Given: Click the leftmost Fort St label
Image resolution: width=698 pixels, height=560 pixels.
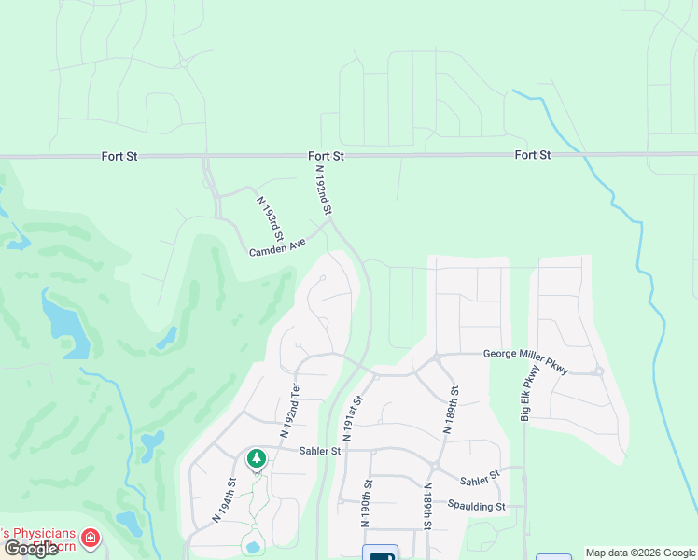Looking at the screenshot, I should coord(119,156).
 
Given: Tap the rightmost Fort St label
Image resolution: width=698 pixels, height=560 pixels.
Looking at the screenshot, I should coord(532,154).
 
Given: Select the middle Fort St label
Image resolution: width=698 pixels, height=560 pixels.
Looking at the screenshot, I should coord(327,156).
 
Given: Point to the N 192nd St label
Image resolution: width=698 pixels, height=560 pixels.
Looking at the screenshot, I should coord(323,190).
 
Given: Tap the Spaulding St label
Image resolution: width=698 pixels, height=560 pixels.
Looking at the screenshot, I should coord(475,507).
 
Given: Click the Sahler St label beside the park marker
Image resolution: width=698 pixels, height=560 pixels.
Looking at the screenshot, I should coord(320,451).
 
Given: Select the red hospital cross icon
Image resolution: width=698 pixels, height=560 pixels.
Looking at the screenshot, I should coord(90,538).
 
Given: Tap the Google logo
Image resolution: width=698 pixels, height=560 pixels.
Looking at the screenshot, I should coord(32,549).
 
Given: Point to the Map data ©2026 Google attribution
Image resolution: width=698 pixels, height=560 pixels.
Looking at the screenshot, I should coord(639,553).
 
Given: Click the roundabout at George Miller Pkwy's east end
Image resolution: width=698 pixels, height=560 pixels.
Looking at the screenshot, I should coord(598,371).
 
